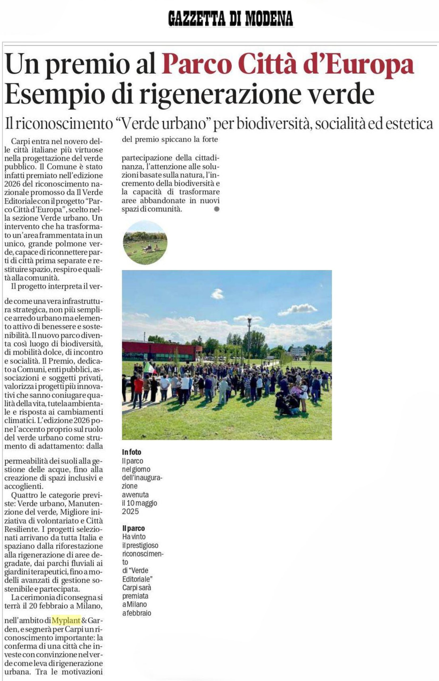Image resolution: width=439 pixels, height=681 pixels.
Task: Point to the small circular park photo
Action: coord(145,242)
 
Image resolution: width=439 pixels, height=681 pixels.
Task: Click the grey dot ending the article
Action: coord(217,209)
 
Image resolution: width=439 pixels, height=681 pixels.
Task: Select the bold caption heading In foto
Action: coord(131,452)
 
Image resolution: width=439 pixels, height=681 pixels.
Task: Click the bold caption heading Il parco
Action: coord(133,528)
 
